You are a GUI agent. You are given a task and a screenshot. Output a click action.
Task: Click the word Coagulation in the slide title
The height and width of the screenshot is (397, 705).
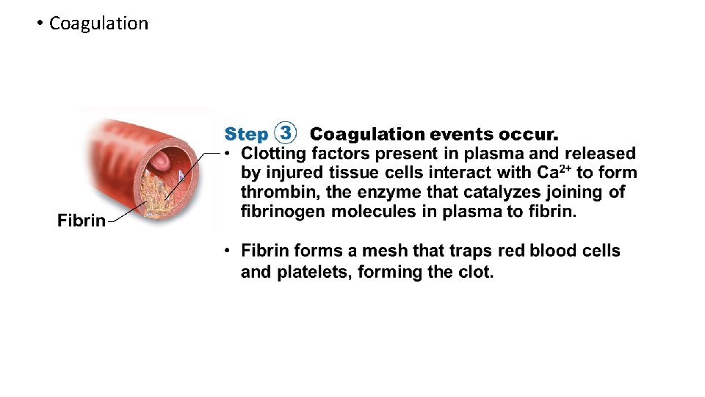click(x=98, y=24)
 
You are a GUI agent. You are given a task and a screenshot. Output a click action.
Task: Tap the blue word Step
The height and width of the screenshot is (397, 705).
click(x=246, y=135)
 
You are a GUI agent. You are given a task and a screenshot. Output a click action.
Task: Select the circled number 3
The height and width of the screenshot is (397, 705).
click(x=285, y=134)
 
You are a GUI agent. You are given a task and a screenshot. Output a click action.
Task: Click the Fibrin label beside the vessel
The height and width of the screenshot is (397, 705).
click(x=82, y=221)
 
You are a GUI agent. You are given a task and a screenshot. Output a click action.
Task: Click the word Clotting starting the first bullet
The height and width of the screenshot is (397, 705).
click(x=273, y=154)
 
